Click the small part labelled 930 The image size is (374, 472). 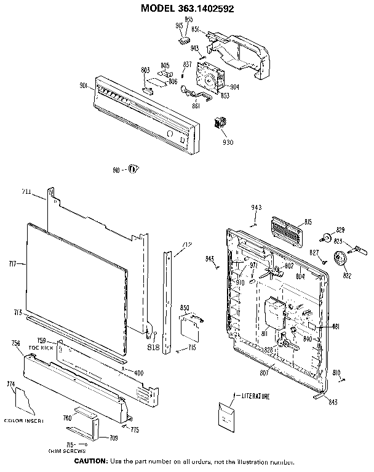[x=219, y=122]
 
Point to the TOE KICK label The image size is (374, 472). [x=39, y=348]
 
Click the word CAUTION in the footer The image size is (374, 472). [x=90, y=462]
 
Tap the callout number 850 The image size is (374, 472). [x=184, y=307]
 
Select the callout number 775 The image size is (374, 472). [x=134, y=429]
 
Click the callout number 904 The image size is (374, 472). [x=234, y=86]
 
